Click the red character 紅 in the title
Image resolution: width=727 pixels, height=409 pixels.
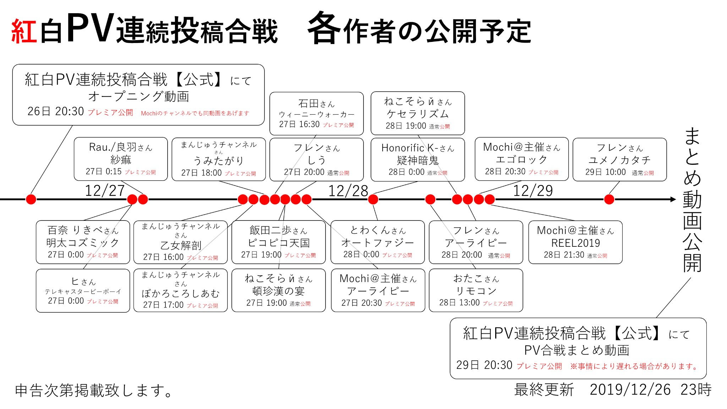point(24,31)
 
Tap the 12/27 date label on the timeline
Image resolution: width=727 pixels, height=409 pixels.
point(105,191)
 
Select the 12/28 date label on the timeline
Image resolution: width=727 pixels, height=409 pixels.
point(348,191)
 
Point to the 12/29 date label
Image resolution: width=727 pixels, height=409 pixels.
point(533,191)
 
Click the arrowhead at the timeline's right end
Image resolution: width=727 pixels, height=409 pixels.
point(673,199)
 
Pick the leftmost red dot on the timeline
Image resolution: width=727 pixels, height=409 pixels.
point(31,199)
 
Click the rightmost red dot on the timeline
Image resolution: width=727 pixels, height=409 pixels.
point(609,199)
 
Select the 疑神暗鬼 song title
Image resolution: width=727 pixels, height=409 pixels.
point(418,160)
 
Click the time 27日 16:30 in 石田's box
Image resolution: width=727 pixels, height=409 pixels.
point(299,124)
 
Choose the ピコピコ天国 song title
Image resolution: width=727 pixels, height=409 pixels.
point(279,243)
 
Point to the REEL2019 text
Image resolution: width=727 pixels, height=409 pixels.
point(575,243)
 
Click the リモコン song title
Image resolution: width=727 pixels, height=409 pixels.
point(476,291)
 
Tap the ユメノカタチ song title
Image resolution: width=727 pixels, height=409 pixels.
point(619,160)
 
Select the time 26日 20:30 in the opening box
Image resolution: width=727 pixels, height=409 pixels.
point(56,111)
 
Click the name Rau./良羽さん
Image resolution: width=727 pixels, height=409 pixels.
point(121,147)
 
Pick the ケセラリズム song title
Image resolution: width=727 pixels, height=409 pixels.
point(418,114)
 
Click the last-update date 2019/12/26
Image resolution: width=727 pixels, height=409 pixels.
point(630,390)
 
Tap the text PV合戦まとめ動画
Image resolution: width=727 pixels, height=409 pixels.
point(577,350)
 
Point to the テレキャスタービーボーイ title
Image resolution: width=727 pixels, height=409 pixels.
point(83,291)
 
